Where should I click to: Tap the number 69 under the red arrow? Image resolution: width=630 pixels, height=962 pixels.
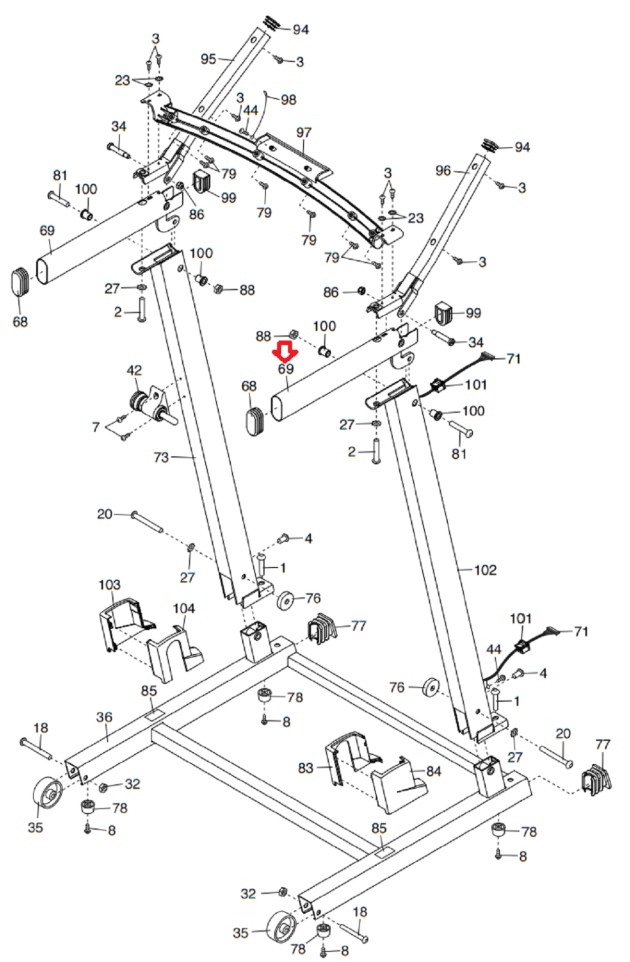[x=286, y=369]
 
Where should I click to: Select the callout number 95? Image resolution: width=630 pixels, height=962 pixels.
[x=208, y=59]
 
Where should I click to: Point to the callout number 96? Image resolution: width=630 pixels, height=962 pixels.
[x=443, y=171]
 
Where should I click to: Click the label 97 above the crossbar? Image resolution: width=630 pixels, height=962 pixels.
[x=304, y=132]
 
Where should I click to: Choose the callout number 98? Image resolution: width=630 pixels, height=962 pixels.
[x=289, y=100]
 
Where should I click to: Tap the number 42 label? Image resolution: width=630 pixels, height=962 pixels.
[x=134, y=370]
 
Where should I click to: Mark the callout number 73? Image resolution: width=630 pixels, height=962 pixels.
[x=162, y=458]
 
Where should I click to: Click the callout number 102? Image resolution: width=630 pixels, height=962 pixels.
[x=485, y=570]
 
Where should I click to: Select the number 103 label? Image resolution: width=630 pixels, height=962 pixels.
[x=109, y=584]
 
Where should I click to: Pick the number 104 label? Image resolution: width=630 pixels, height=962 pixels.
[x=184, y=608]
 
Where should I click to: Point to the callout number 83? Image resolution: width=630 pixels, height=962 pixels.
[x=306, y=768]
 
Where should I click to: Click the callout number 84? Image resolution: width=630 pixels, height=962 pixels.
[x=434, y=771]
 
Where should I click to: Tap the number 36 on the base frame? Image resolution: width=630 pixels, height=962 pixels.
[x=105, y=717]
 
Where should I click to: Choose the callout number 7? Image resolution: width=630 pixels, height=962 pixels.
[x=96, y=427]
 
